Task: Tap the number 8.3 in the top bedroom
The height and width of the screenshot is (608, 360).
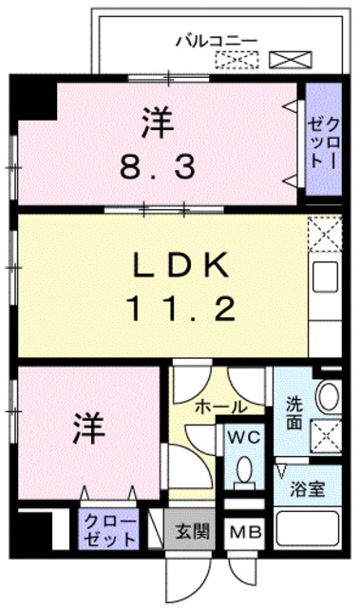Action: [158, 167]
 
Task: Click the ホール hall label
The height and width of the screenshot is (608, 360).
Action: [220, 407]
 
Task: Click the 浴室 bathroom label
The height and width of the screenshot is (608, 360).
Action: [311, 492]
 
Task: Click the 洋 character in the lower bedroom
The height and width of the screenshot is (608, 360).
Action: [85, 428]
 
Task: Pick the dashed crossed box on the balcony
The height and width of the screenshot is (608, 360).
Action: [234, 61]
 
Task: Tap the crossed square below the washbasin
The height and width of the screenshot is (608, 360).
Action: [328, 437]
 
